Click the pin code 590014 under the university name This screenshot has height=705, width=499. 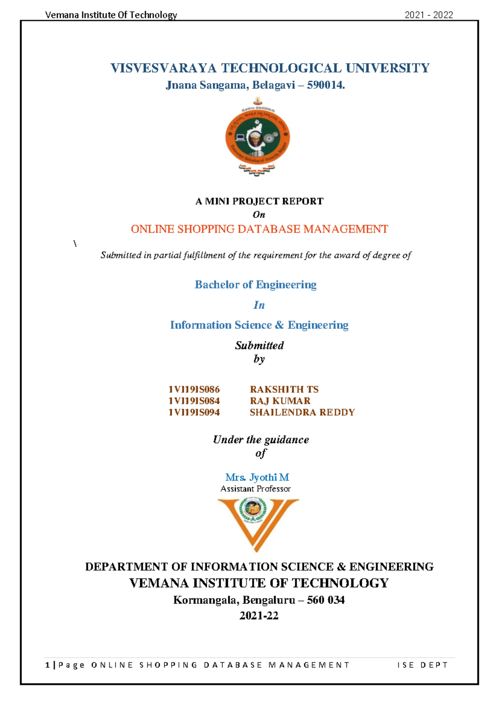pos(325,85)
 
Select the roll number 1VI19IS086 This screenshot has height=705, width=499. pos(194,389)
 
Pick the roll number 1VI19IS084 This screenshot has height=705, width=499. pos(194,401)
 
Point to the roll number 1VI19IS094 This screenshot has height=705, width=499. pos(194,412)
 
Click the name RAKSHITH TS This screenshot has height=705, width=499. pos(284,389)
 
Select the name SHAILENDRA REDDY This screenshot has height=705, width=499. pos(302,412)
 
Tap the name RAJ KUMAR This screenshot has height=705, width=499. pos(280,401)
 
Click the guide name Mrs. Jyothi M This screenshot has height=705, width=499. pos(257,477)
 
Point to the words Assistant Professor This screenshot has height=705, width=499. pos(255,489)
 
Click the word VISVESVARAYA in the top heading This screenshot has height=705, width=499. pos(163,68)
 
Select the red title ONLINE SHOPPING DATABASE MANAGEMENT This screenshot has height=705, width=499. pos(259,229)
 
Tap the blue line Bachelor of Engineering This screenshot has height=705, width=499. pos(255,285)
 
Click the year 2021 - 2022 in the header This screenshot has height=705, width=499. pos(429,15)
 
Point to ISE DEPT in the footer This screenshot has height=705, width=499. pos(422,665)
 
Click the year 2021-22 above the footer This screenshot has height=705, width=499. pos(259,616)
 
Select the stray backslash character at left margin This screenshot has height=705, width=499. pos(75,244)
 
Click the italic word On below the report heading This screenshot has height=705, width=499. pos(259,215)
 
